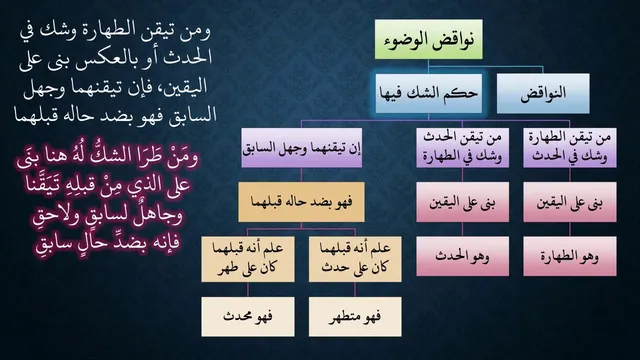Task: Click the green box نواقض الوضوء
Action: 429,39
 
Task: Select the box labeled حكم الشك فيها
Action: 429,93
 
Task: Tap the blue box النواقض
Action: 543,93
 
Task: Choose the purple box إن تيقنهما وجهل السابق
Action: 302,148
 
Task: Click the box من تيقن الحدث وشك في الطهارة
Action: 462,148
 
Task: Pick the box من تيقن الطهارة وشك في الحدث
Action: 570,148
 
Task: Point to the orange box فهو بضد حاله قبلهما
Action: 301,202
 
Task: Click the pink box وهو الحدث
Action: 462,256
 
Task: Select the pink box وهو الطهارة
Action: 570,256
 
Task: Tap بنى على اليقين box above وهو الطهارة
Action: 570,202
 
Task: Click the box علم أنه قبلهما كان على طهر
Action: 248,259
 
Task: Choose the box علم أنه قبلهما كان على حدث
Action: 355,259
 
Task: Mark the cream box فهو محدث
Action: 248,317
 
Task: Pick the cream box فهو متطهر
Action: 355,317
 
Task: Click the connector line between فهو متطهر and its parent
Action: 355,289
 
